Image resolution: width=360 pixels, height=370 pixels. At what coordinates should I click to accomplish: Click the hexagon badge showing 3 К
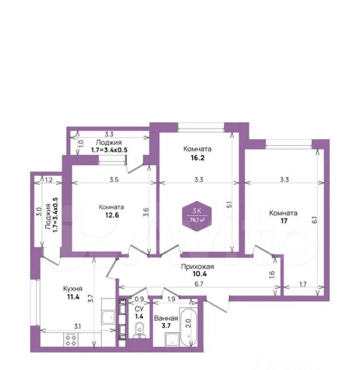click(x=197, y=216)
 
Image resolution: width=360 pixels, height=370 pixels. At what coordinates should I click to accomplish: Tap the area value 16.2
click(x=198, y=158)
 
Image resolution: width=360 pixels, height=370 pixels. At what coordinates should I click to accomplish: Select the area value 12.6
click(x=112, y=215)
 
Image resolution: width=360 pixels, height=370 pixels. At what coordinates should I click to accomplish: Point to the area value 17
click(x=284, y=221)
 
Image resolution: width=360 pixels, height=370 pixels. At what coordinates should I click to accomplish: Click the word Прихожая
click(x=197, y=267)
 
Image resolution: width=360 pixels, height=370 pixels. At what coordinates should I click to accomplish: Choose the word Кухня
click(x=73, y=288)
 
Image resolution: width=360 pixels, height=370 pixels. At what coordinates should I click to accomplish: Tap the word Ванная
click(x=166, y=318)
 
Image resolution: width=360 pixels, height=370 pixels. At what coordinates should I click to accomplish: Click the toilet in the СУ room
click(x=140, y=329)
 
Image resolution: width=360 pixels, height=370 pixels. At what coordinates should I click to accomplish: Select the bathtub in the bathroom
click(x=189, y=327)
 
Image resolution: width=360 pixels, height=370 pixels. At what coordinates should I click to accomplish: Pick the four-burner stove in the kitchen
click(x=71, y=340)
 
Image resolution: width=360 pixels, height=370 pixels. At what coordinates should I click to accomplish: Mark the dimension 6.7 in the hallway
click(x=199, y=284)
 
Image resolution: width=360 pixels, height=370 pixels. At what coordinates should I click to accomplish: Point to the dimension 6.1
click(x=314, y=220)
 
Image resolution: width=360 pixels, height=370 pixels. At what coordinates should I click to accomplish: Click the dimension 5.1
click(x=229, y=204)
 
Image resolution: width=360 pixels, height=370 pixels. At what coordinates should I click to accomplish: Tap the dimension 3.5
click(x=114, y=179)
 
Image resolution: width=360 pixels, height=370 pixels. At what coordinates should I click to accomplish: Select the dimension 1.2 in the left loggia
click(x=49, y=180)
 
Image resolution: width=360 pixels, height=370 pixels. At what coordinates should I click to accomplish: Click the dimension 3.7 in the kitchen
click(x=91, y=299)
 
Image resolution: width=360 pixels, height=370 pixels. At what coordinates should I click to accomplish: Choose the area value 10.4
click(x=199, y=274)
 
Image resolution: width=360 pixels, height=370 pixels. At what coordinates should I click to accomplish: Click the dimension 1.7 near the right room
click(x=303, y=284)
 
